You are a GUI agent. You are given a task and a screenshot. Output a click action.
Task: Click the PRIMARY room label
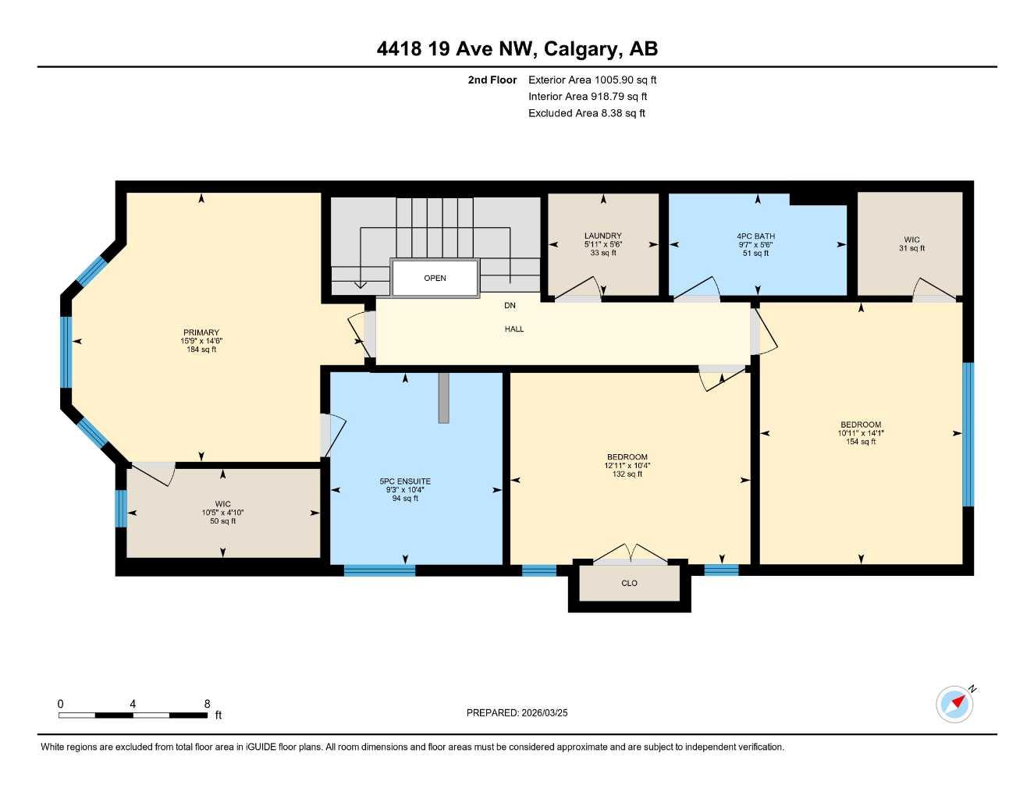(201, 332)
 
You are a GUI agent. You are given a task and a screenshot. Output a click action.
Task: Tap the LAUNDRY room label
(602, 236)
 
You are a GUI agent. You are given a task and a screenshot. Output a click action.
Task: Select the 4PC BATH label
(755, 236)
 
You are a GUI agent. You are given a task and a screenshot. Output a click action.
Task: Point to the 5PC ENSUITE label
(405, 481)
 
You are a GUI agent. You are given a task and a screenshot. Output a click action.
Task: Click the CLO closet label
(629, 583)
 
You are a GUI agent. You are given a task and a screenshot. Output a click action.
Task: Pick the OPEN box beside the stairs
(435, 279)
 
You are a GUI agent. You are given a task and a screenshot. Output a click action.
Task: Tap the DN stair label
(510, 305)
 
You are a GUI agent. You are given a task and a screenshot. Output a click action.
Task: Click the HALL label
(514, 329)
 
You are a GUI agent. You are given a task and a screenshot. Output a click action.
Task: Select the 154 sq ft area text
(861, 442)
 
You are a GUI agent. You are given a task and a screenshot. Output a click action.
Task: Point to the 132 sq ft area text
(627, 474)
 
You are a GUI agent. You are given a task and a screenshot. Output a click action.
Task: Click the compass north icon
(955, 704)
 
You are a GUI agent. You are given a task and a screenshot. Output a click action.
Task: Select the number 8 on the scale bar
(207, 704)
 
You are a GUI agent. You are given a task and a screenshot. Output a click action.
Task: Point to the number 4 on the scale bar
(133, 704)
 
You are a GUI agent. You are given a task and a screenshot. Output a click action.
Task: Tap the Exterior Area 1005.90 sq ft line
(592, 80)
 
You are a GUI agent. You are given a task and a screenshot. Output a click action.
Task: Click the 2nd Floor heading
(492, 80)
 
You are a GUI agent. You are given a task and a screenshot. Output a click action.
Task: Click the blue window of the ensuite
(380, 570)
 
